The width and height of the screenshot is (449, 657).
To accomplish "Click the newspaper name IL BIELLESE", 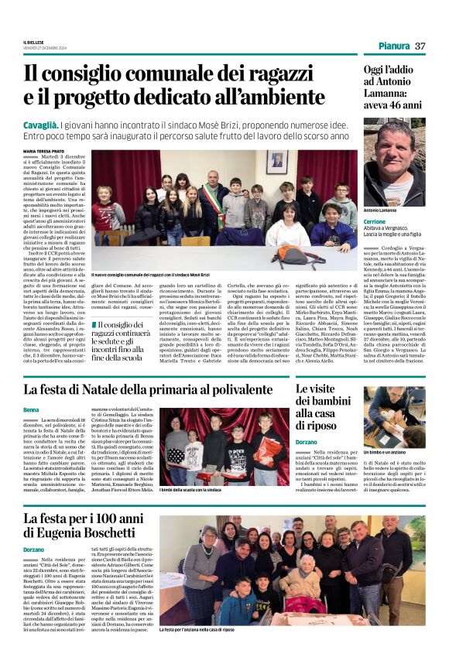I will click(x=34, y=41).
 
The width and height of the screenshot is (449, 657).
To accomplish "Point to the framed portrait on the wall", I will click(x=276, y=161).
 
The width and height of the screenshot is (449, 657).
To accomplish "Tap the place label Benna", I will click(x=31, y=409).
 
